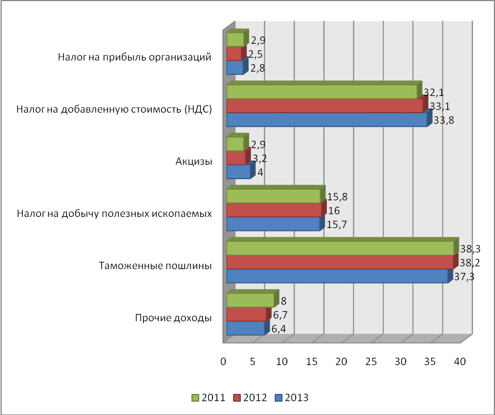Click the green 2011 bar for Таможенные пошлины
click(x=340, y=248)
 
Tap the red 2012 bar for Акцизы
click(x=236, y=158)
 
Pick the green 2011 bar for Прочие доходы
click(x=250, y=300)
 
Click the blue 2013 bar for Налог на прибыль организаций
click(x=235, y=68)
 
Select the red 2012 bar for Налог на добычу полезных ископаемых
click(x=274, y=210)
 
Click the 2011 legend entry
click(x=209, y=397)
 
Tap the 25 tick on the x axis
click(x=371, y=362)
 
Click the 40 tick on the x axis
click(x=459, y=362)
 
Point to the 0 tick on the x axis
click(x=224, y=362)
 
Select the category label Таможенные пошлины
click(x=156, y=266)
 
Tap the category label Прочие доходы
click(x=174, y=318)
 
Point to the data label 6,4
click(x=279, y=329)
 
